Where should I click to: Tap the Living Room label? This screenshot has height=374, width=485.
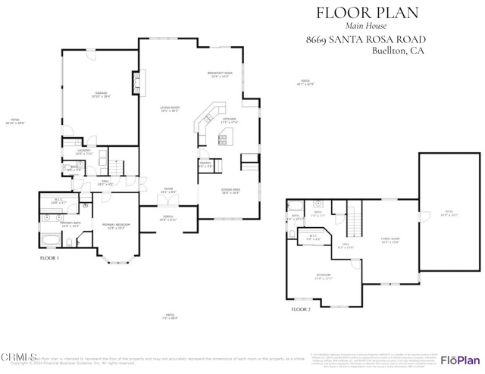coord(169,109)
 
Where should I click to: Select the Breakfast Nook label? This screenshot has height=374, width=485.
coord(219,74)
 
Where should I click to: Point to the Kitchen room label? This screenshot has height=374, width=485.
coord(229,120)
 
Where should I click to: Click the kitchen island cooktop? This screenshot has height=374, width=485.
coord(224,137)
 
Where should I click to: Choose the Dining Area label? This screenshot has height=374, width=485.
coord(230,192)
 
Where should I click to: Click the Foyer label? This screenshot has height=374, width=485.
coord(168,192)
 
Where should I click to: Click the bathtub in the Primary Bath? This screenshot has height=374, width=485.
coord(50,242)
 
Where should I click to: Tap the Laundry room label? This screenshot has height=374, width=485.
coord(84,152)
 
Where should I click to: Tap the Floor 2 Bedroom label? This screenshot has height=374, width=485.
coord(324,276)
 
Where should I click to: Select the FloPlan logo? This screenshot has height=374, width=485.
coord(459,358)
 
